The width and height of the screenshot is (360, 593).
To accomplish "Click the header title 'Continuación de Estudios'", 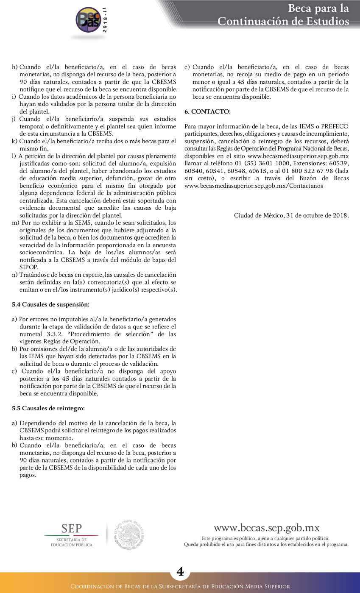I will (283, 21).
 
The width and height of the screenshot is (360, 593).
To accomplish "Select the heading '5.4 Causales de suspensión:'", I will (50, 304).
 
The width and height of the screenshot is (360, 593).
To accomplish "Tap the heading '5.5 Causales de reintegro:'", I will (48, 408).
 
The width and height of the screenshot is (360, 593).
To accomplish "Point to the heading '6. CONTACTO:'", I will (207, 111).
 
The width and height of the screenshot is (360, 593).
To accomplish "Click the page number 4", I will (180, 572).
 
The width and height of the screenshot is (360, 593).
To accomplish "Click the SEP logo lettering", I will (72, 528).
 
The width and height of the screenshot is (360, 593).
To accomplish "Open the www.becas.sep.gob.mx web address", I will (266, 528).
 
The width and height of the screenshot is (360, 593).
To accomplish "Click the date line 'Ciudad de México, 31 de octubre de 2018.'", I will (291, 215).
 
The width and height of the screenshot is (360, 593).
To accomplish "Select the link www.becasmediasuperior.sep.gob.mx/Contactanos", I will (254, 186).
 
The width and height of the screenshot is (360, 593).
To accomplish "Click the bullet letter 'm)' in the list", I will (15, 223).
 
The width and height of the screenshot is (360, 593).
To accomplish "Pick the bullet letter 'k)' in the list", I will (15, 141).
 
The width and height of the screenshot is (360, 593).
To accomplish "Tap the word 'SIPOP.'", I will (29, 267).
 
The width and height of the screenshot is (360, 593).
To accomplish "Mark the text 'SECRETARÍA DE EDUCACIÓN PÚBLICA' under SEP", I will (71, 542).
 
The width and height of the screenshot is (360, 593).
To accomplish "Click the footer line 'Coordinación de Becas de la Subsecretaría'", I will (180, 587).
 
